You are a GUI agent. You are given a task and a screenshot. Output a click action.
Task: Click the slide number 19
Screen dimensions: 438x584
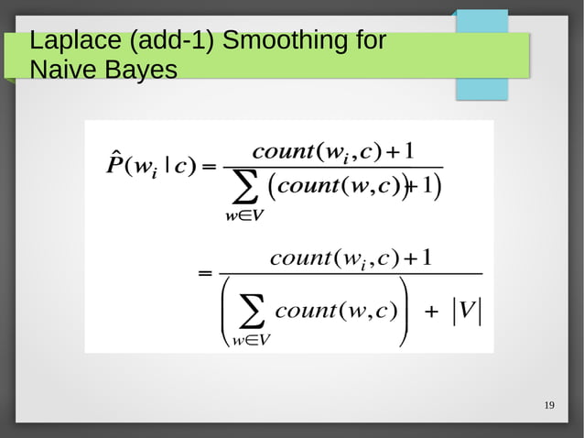click(549, 406)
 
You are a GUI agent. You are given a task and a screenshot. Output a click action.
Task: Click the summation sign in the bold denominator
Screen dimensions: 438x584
click(244, 191)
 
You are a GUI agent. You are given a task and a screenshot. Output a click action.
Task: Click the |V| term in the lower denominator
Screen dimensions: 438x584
click(466, 310)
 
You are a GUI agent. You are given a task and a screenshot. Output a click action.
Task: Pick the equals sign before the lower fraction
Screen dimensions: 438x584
click(206, 274)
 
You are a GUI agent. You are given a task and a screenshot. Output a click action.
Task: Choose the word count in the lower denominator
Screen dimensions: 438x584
click(306, 310)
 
